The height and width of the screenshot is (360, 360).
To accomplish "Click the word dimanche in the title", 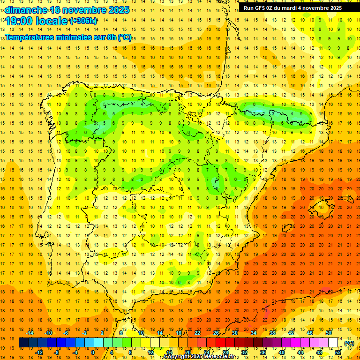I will coord(24,10).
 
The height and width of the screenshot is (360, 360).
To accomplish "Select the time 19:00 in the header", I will coord(19,21).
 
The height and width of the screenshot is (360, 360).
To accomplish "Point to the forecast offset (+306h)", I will coord(83,21).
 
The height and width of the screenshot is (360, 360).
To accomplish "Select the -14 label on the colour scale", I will coord(30,333).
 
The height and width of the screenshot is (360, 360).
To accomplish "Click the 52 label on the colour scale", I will coord(338,352).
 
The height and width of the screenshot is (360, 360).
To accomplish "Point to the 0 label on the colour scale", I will coord(92,352).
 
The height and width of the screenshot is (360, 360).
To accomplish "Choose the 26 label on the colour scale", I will coord(216,333).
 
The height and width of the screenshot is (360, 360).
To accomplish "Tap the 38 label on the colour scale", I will coord(272,333).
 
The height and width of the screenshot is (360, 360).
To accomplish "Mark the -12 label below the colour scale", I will coord(39,352).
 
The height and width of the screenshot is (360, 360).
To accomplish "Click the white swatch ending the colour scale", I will coord(333,343).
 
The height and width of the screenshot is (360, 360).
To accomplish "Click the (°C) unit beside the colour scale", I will coord(349,343).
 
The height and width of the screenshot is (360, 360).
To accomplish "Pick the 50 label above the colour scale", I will coord(329,333).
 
